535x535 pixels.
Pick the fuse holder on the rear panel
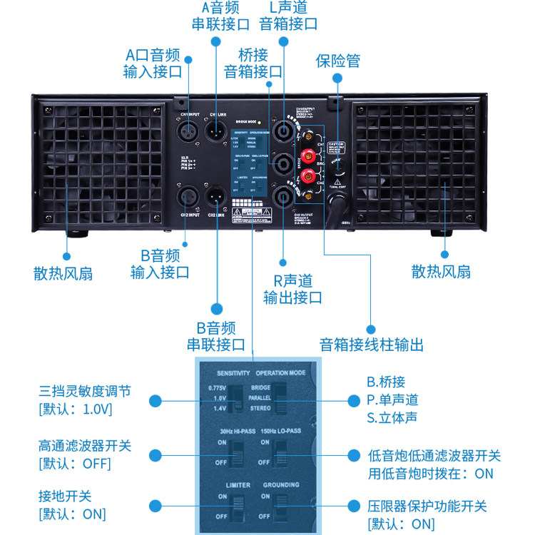(339, 169)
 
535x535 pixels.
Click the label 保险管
(337, 61)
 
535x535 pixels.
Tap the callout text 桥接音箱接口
(253, 63)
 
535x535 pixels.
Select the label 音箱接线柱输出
(372, 345)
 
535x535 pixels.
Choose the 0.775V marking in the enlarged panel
(217, 387)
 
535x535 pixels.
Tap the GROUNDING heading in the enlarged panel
(281, 485)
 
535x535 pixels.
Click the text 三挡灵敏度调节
(85, 392)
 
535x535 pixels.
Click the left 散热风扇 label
(63, 272)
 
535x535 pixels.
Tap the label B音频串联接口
(215, 337)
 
